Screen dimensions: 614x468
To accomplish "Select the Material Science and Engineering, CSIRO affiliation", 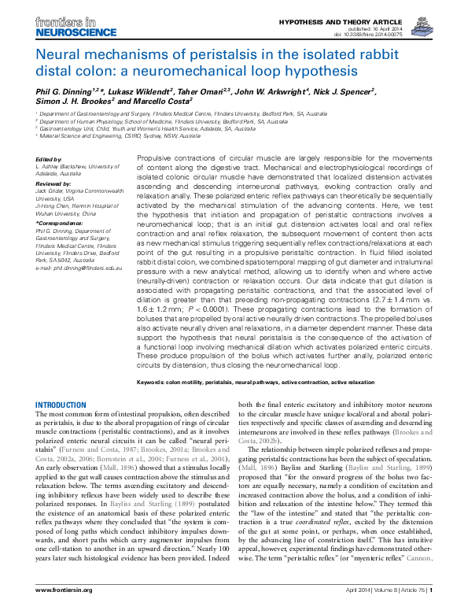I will pos(110,135).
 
